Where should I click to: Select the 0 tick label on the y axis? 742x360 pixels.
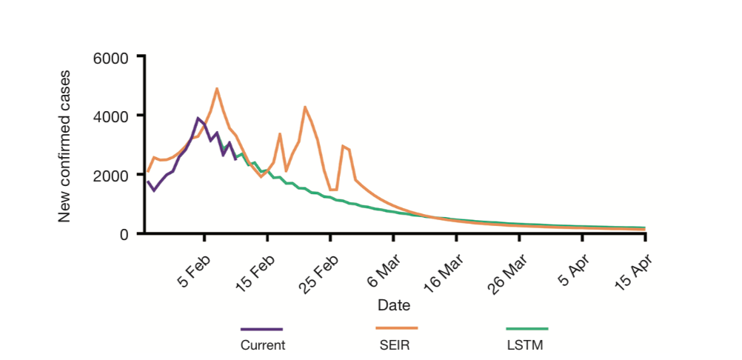[124, 234]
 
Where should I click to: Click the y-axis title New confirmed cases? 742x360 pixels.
[65, 146]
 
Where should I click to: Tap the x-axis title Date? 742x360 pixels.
[394, 304]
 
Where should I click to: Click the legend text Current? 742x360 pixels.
[262, 344]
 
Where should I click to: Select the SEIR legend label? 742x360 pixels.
[396, 344]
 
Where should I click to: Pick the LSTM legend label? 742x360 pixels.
[527, 344]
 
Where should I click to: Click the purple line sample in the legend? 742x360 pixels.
[262, 329]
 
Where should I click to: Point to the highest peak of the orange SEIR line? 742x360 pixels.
[217, 89]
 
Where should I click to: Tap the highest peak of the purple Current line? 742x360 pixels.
[198, 118]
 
